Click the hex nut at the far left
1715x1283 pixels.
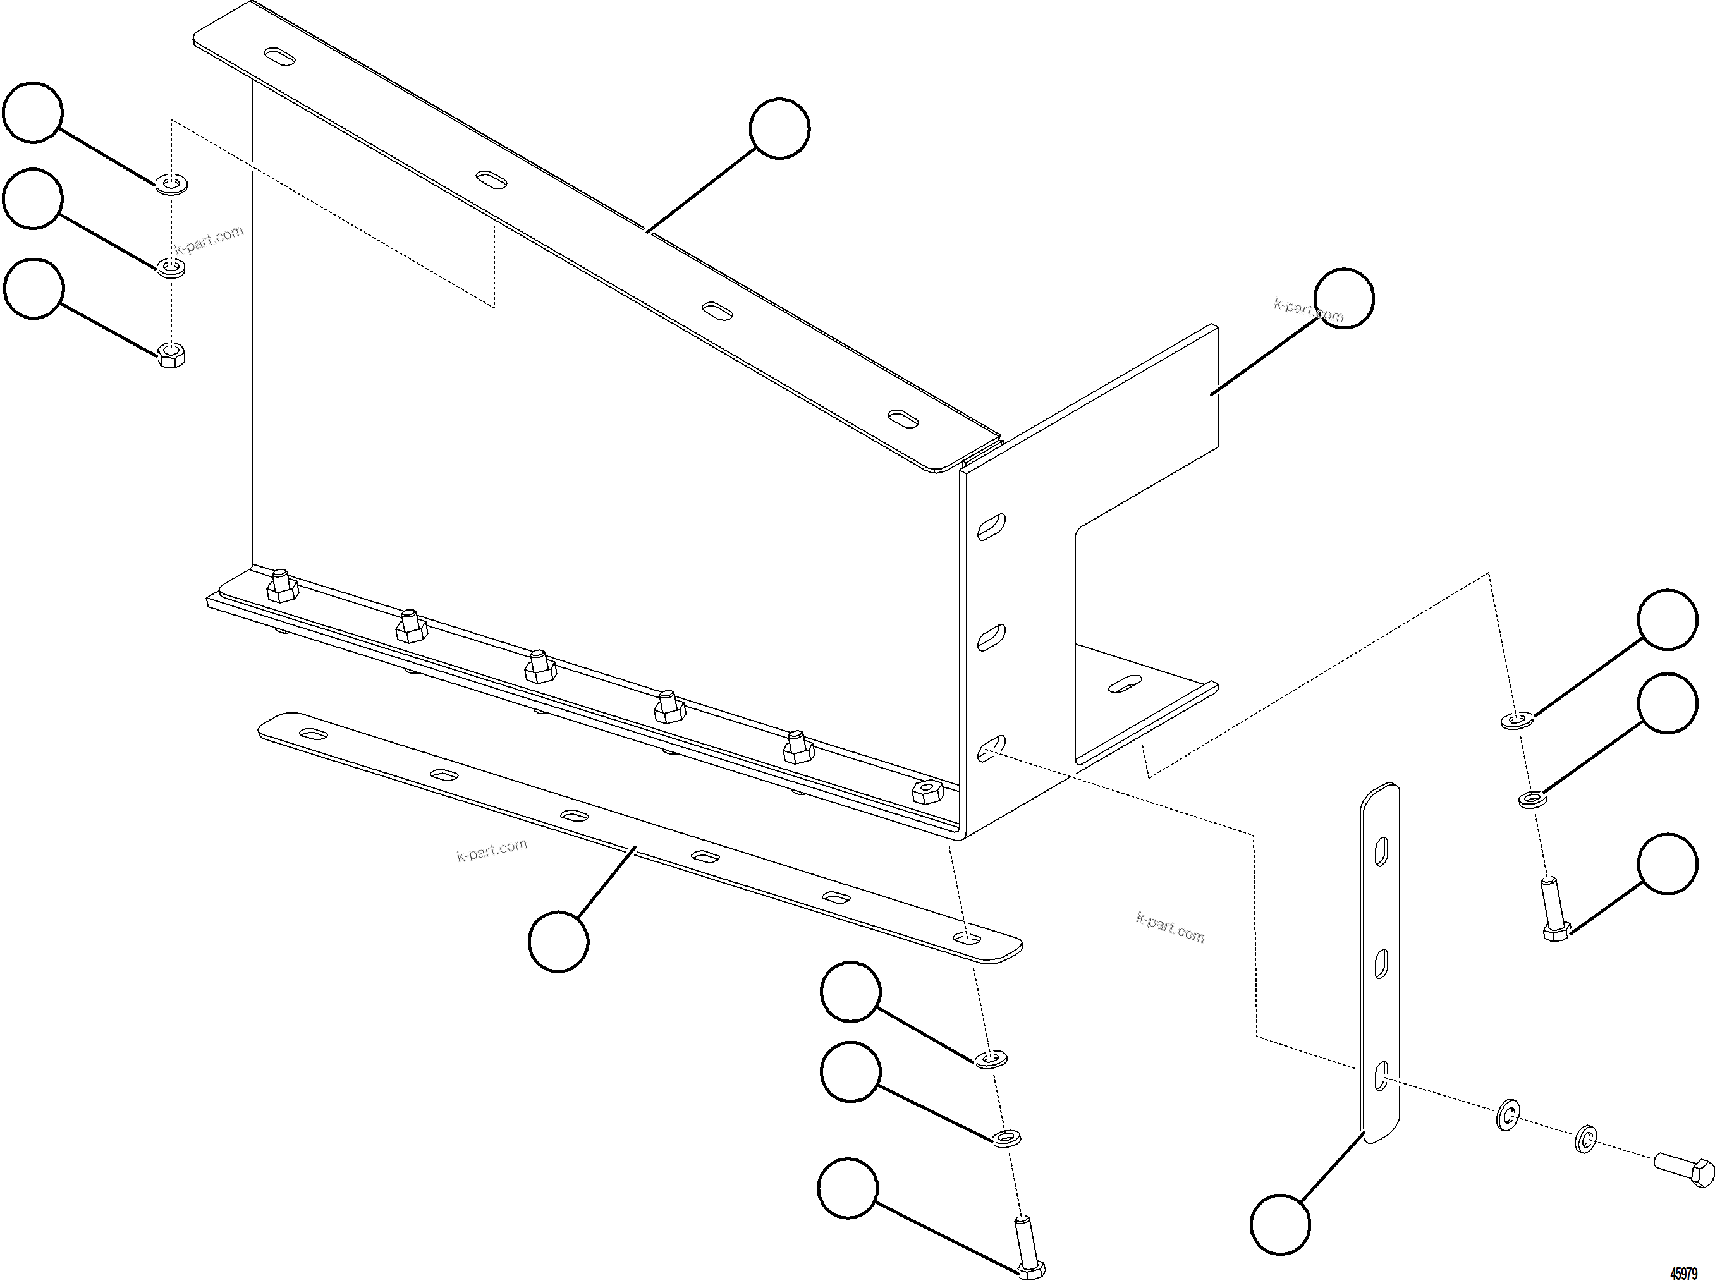(x=171, y=355)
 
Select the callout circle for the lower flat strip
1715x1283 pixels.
(x=558, y=941)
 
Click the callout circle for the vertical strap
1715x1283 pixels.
(x=1280, y=1224)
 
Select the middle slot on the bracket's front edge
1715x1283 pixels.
(x=990, y=637)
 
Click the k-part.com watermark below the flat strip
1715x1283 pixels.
(x=492, y=851)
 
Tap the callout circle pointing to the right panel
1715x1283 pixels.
(x=1345, y=298)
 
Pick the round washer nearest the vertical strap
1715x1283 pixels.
(x=1506, y=1116)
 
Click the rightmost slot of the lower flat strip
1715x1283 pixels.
(x=966, y=939)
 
